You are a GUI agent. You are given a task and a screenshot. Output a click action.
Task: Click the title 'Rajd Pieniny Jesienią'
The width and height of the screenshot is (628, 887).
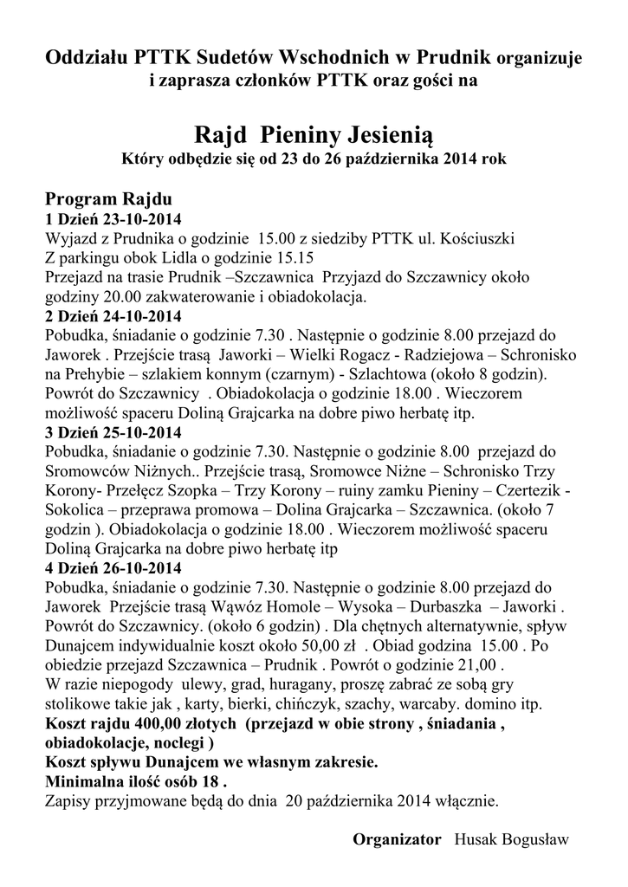point(313,135)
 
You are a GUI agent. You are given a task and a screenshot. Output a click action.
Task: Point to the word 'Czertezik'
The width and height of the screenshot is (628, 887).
point(529,490)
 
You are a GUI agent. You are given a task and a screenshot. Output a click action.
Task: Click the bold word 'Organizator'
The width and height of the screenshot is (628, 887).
point(397,840)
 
